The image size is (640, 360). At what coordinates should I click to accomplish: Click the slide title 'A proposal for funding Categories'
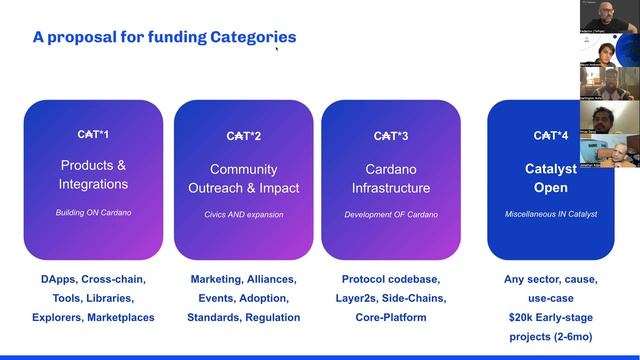coord(164,38)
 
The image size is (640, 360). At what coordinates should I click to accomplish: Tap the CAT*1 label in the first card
coord(94,134)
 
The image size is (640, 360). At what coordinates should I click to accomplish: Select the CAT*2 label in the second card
coord(243,135)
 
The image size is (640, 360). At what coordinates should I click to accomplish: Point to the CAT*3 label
coord(391,135)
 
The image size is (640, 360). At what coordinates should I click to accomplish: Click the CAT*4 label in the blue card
coord(551,135)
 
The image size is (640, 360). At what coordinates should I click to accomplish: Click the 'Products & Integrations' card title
coord(94,175)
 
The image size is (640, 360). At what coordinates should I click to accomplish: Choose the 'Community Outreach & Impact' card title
coord(243,179)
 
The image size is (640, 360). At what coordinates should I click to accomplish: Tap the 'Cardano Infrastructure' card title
coord(391,179)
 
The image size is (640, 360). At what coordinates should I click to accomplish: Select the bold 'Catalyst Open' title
coord(551,179)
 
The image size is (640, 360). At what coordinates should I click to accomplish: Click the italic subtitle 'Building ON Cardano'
coord(94,213)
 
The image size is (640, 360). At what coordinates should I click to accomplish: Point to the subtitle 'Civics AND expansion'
coord(243,214)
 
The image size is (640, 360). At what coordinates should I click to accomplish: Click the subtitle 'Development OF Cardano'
coord(391,214)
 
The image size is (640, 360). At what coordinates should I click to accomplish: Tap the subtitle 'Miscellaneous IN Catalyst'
coord(551,214)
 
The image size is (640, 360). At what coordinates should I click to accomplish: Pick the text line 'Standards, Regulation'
coord(243,317)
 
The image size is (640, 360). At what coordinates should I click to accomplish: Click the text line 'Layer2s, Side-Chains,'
coord(391,298)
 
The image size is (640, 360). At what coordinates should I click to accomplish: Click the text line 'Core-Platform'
coord(391,317)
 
